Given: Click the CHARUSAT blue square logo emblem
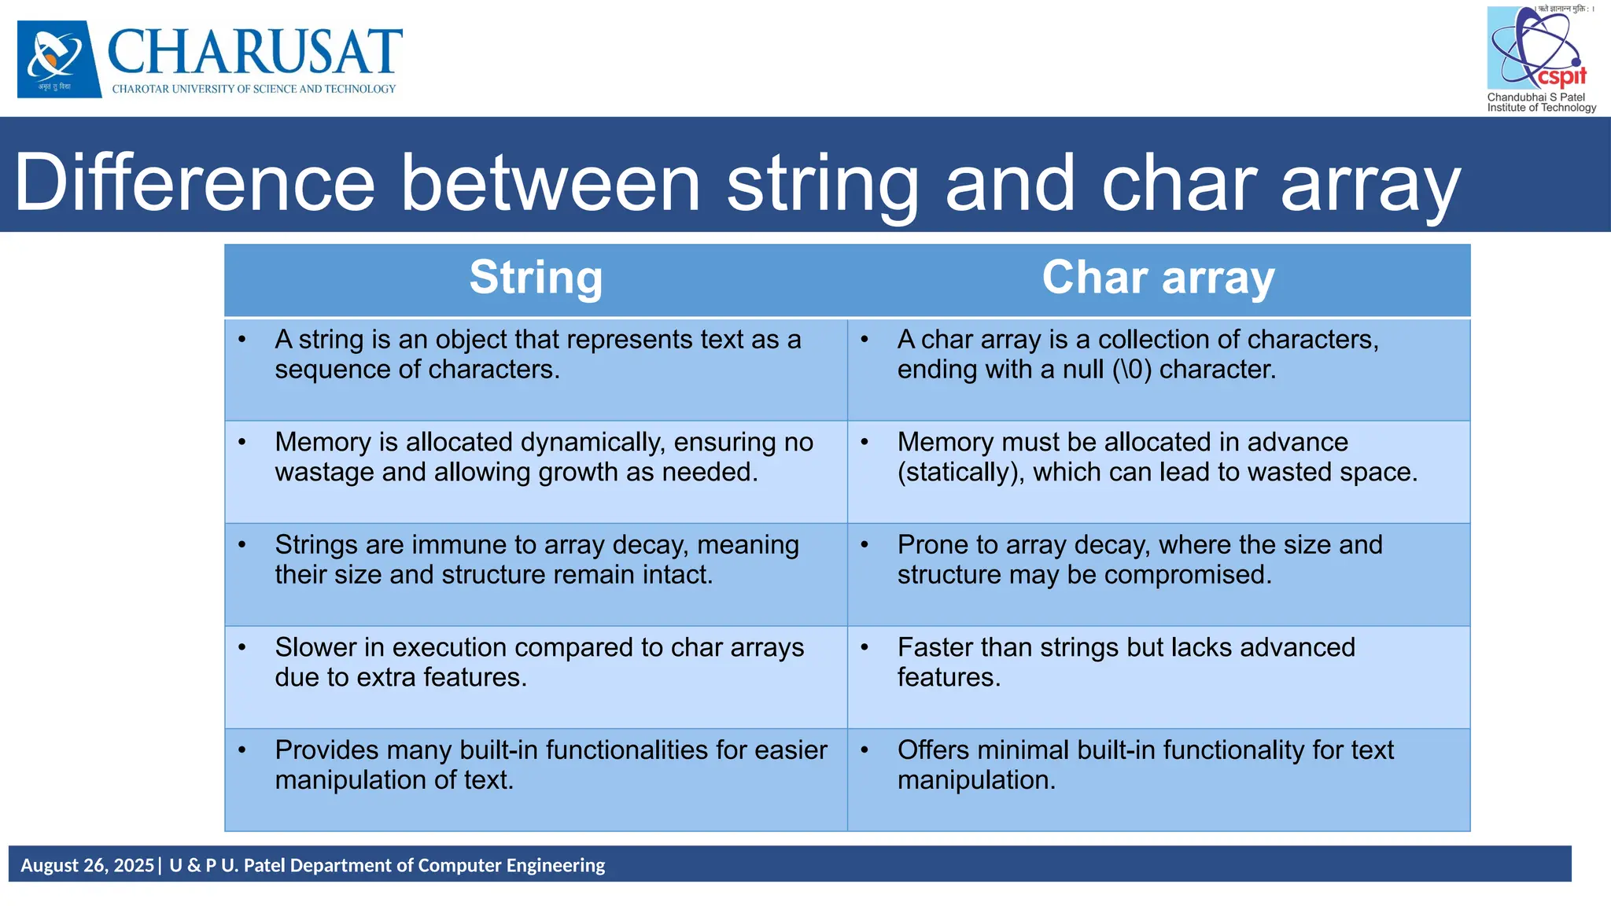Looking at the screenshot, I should pyautogui.click(x=59, y=59).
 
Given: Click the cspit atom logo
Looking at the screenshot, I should pyautogui.click(x=1536, y=47).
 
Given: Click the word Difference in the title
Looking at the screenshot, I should pyautogui.click(x=194, y=183).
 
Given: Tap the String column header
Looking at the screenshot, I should pyautogui.click(x=536, y=278).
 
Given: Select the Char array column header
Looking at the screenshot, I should pyautogui.click(x=1158, y=278).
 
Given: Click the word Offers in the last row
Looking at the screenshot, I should pyautogui.click(x=936, y=750).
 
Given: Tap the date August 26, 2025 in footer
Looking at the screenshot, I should pyautogui.click(x=87, y=866).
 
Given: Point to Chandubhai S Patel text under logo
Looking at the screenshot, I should pyautogui.click(x=1535, y=97).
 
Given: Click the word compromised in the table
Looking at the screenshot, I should pyautogui.click(x=1188, y=576).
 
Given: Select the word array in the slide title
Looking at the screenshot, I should pyautogui.click(x=1370, y=183).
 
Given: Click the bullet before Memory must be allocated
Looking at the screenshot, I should pyautogui.click(x=864, y=442).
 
